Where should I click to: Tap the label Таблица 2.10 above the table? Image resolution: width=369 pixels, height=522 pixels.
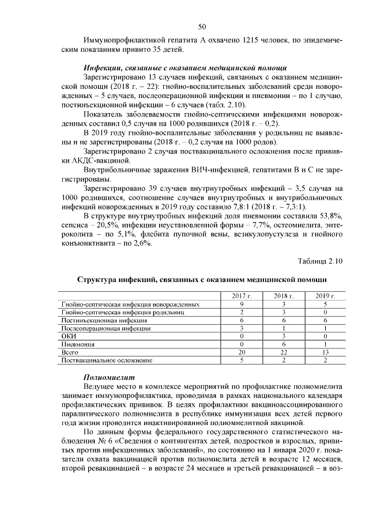click(320, 261)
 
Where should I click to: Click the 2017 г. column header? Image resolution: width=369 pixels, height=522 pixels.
click(242, 296)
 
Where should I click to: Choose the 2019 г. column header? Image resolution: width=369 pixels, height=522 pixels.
click(325, 296)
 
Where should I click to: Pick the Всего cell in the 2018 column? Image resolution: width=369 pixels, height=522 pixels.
click(284, 352)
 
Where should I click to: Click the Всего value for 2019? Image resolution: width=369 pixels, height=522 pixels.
click(325, 352)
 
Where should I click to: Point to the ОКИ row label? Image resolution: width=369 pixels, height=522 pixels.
click(69, 336)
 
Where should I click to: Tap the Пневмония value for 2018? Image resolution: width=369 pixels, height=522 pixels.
click(284, 344)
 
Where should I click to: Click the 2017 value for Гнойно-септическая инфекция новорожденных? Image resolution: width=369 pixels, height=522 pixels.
click(242, 304)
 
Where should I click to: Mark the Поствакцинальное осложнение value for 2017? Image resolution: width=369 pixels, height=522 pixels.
click(242, 360)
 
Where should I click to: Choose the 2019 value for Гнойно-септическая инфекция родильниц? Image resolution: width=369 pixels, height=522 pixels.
click(325, 312)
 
